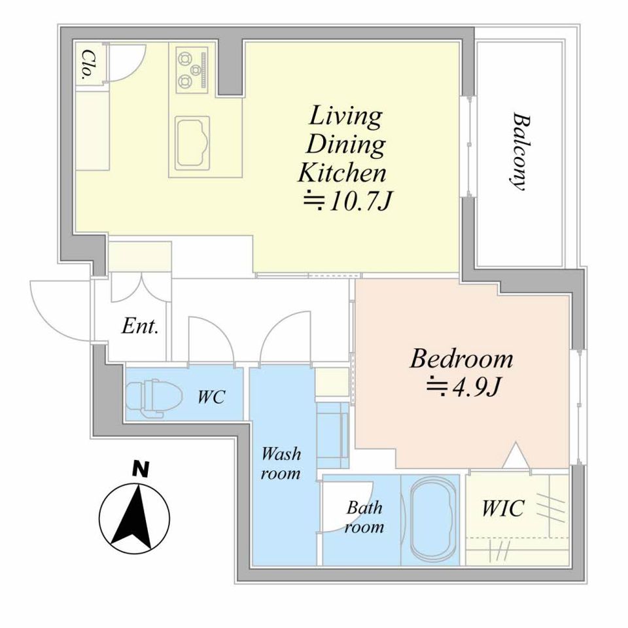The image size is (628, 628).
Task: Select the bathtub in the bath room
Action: (x=433, y=520)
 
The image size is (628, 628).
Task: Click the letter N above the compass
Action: (x=141, y=470)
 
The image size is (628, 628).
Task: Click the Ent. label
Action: (x=140, y=326)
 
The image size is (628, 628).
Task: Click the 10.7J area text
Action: (x=347, y=202)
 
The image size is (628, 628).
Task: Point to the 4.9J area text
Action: (x=463, y=386)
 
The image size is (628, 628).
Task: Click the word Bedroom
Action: (x=461, y=359)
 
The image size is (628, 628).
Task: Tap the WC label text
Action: (x=212, y=397)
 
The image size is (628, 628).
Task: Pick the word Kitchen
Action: (x=342, y=173)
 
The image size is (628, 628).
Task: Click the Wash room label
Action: (x=281, y=463)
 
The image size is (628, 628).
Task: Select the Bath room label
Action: (x=364, y=517)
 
